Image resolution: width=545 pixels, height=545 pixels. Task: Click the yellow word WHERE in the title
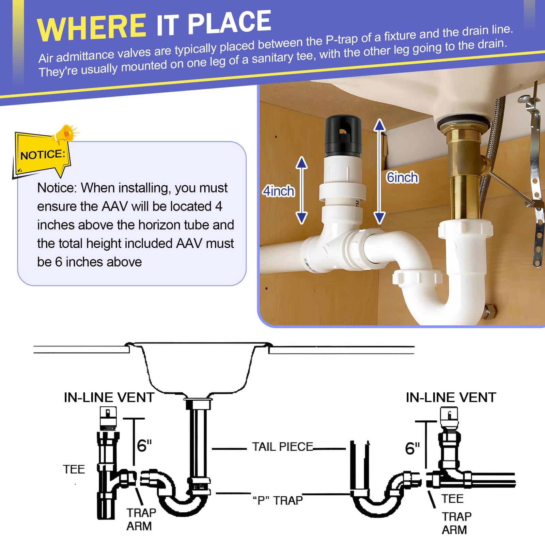coord(91,27)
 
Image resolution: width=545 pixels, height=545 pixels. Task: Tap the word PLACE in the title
coord(229,22)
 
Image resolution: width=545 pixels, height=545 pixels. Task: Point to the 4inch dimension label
coord(278,191)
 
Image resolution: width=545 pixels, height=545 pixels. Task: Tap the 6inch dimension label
coord(402,177)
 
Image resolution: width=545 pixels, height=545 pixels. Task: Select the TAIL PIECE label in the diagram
coord(282,447)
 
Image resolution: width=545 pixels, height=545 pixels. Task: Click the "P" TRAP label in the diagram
coord(278,500)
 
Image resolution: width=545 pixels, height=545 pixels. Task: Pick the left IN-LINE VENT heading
coord(109,398)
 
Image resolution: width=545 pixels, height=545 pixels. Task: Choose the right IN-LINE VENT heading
coord(451,398)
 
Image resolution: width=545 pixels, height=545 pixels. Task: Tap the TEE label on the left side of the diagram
coord(74,469)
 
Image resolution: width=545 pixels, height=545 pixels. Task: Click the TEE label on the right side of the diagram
coord(453,499)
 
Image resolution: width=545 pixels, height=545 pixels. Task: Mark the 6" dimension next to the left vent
coord(144,446)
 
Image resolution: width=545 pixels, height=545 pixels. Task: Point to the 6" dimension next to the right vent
coord(412,449)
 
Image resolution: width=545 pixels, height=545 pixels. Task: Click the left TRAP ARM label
coord(141,519)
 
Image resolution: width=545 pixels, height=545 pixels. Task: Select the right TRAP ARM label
coord(456,523)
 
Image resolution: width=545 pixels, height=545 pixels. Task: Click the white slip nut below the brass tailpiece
coord(466,229)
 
